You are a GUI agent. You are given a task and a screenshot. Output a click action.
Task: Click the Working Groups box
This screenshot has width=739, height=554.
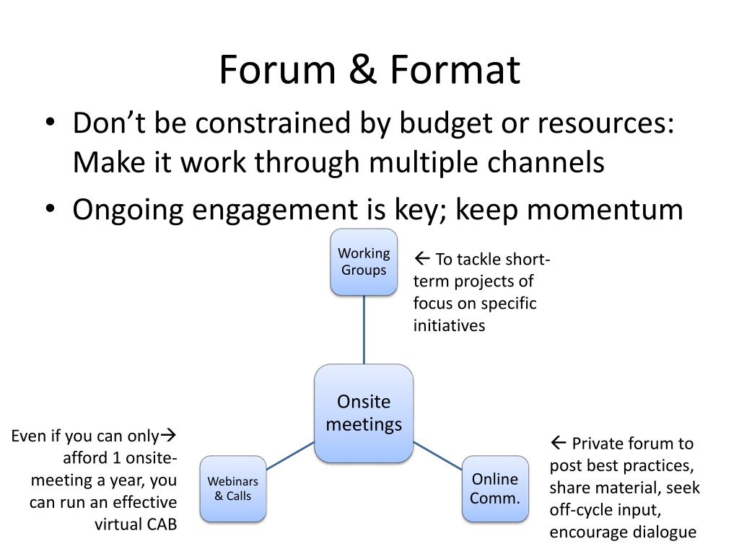pos(364,262)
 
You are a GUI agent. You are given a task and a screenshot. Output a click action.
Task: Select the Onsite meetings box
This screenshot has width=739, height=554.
pos(364,413)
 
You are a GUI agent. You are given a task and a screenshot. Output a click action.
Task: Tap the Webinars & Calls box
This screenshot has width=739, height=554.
pos(233,488)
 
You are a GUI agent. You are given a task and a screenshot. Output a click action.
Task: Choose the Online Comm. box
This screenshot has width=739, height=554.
pos(495,488)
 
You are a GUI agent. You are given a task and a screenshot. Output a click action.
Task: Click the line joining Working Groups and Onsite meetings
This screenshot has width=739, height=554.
pos(364,330)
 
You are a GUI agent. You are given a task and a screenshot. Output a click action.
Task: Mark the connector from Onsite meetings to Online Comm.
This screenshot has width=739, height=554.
pos(437,455)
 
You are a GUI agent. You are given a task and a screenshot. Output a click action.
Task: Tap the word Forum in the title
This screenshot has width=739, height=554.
pos(276,71)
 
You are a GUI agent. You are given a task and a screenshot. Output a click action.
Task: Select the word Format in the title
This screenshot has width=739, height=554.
pos(455,71)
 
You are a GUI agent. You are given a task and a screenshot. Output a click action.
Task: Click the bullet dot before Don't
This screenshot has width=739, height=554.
pos(48,124)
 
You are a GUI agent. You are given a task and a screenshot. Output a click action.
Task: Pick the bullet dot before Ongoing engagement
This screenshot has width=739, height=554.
pos(48,210)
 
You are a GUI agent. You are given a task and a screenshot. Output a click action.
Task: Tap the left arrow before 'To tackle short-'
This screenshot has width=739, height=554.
pos(422,259)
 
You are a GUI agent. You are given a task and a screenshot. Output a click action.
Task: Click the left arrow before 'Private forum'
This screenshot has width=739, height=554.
pos(558,443)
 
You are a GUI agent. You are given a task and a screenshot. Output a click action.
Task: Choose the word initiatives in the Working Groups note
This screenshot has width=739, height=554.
pos(449,325)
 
